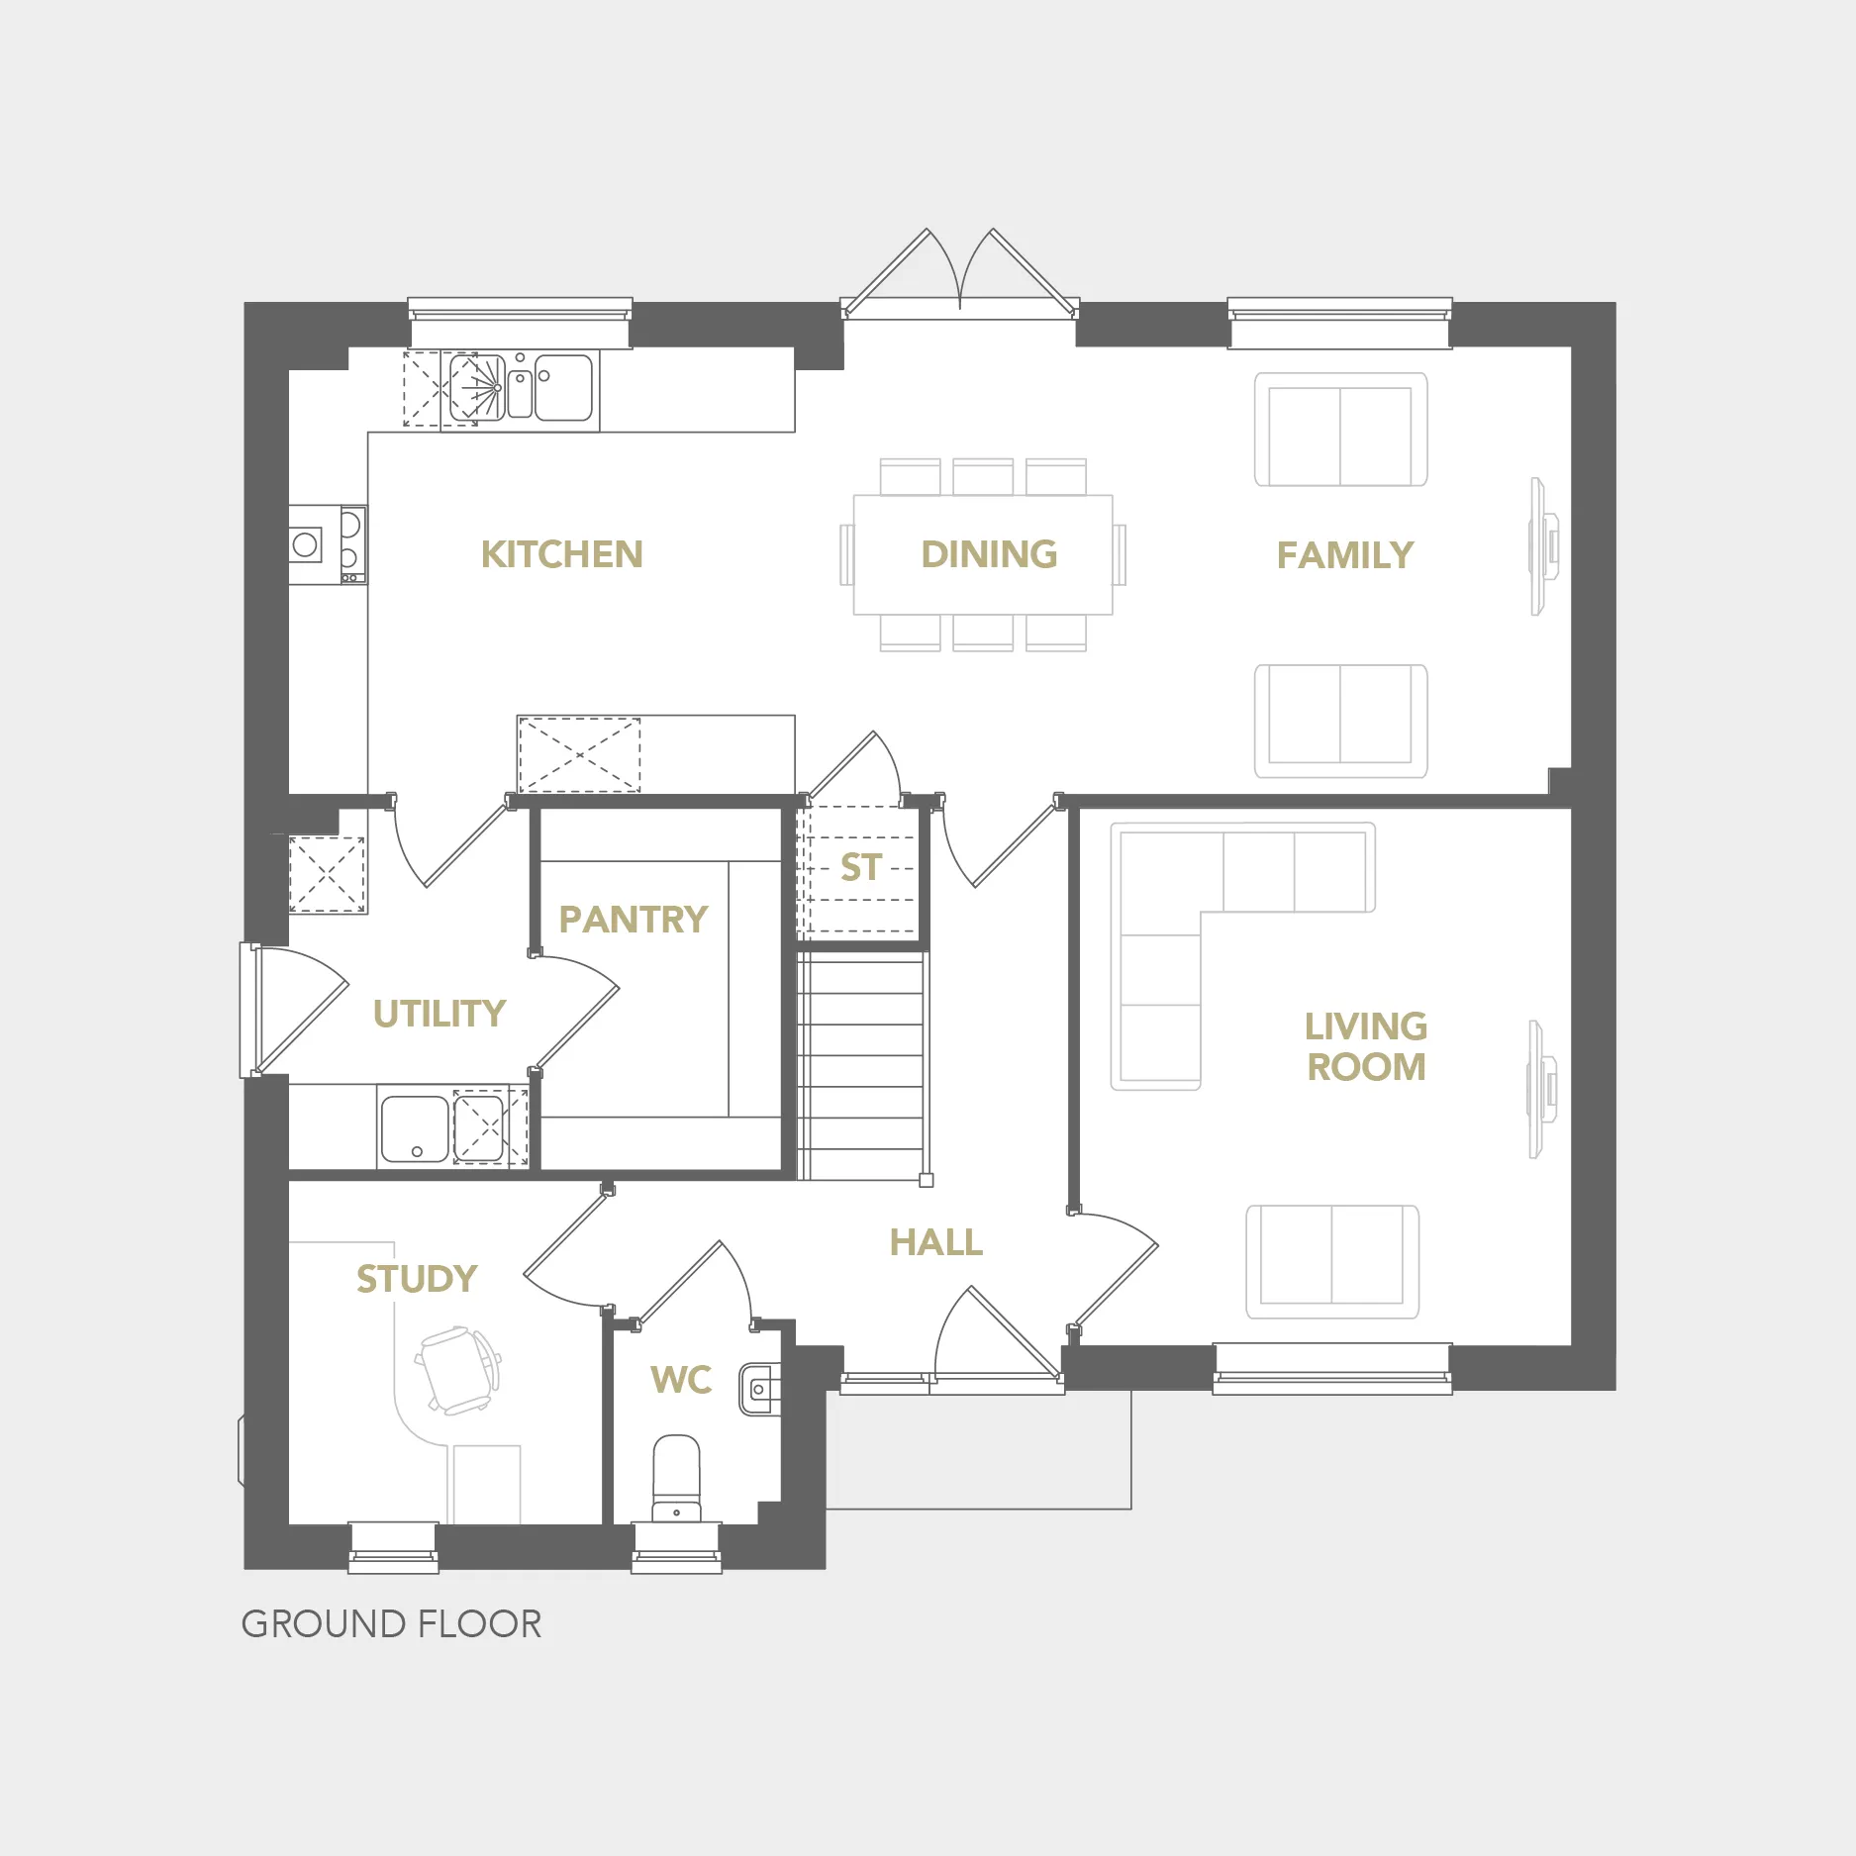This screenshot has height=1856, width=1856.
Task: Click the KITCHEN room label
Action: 561,554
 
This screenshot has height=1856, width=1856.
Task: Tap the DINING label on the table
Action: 989,554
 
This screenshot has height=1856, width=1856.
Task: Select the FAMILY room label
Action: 1345,555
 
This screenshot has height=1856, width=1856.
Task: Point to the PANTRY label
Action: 634,920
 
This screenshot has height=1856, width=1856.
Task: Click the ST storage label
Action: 860,867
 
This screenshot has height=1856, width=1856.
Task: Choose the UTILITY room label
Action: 440,1014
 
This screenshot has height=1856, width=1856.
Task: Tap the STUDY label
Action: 417,1279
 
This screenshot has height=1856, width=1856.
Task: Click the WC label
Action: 681,1380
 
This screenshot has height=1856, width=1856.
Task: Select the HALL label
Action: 936,1242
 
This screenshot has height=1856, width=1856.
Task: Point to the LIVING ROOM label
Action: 1366,1046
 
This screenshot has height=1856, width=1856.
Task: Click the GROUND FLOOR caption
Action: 391,1624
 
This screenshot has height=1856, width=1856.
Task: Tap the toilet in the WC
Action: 677,1479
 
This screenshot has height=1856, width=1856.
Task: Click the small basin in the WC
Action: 760,1389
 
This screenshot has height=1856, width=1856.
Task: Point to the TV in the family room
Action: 1542,546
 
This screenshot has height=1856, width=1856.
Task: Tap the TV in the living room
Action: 1541,1089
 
